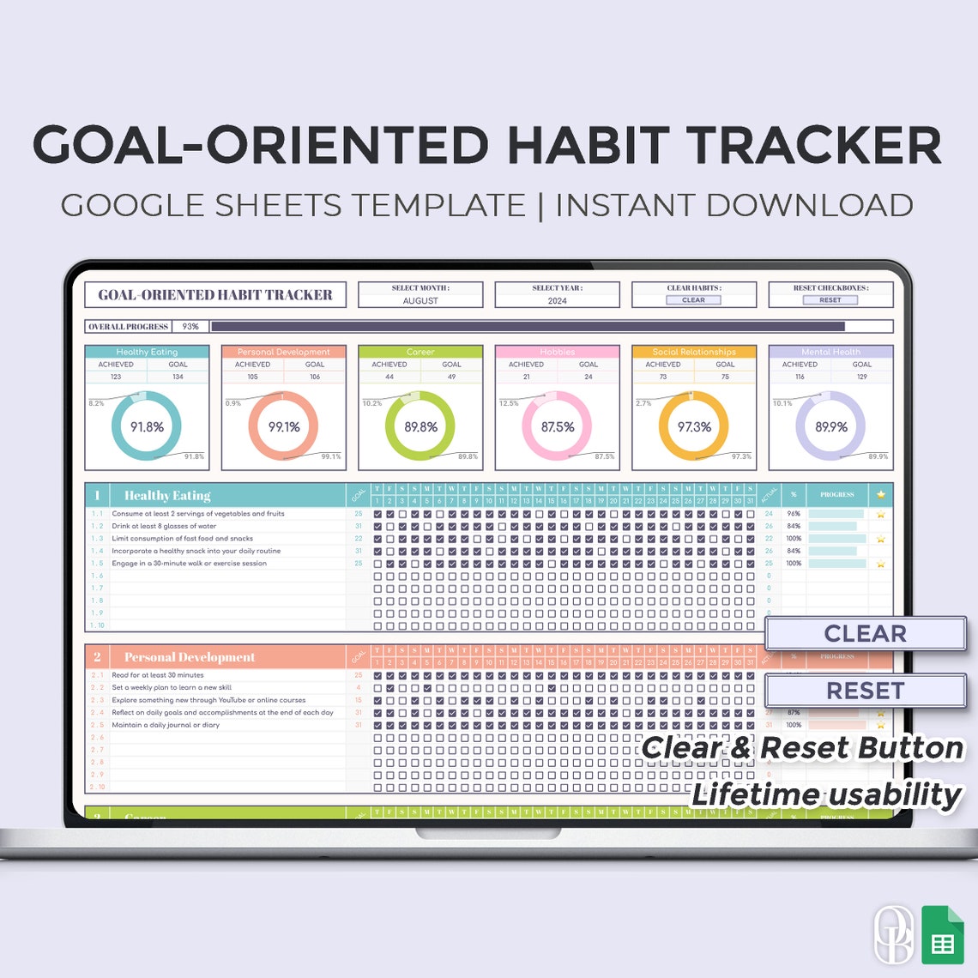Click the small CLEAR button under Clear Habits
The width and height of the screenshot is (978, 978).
693,300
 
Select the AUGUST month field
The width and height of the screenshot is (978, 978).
420,301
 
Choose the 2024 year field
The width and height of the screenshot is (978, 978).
557,301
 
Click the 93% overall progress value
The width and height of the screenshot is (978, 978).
190,327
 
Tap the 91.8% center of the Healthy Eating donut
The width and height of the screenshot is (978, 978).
147,427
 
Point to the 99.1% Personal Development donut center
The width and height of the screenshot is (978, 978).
284,427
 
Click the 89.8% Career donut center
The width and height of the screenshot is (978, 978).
420,427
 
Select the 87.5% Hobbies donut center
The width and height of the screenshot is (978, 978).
558,427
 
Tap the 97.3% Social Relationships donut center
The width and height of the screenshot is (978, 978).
694,427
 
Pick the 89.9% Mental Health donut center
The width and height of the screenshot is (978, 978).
831,427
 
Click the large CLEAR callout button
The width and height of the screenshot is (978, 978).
865,634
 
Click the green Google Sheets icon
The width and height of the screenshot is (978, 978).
943,934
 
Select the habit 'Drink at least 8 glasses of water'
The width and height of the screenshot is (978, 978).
164,526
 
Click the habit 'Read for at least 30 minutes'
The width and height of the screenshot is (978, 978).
158,675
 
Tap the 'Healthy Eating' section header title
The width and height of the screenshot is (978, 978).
167,496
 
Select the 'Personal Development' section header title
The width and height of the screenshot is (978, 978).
190,657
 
